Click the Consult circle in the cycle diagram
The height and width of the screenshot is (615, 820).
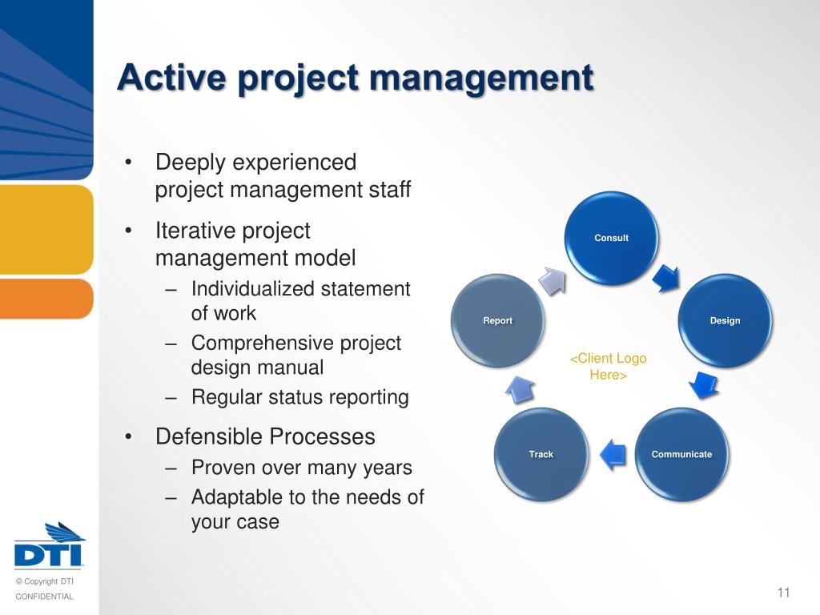click(x=611, y=238)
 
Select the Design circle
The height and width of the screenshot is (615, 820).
click(x=726, y=320)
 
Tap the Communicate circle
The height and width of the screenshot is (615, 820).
click(x=681, y=454)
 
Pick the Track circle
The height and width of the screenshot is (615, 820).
click(x=541, y=454)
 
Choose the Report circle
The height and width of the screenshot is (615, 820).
click(x=497, y=320)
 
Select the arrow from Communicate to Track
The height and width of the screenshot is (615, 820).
click(x=612, y=453)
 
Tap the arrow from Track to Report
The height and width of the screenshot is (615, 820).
click(x=519, y=388)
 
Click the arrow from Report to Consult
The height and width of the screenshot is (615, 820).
click(x=551, y=280)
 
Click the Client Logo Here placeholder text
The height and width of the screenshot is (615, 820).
click(x=608, y=366)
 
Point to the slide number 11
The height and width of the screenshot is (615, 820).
click(x=783, y=593)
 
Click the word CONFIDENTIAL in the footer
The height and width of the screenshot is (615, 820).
click(x=45, y=597)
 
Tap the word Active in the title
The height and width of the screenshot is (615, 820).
click(x=169, y=78)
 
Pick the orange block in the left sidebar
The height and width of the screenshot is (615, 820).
click(x=46, y=298)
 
